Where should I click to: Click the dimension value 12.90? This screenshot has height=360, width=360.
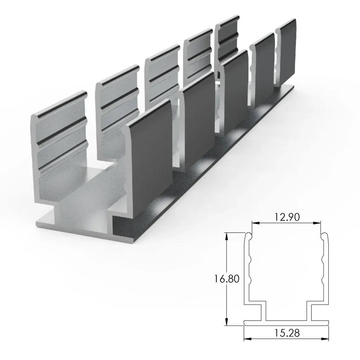point(287,217)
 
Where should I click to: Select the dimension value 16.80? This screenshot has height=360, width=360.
point(227,279)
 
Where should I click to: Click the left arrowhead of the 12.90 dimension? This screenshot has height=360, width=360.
point(254,223)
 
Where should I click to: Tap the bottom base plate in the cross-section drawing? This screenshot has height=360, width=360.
point(287,322)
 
